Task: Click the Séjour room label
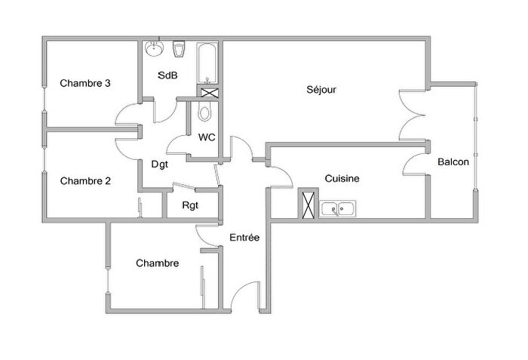321,90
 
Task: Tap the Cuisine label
342,179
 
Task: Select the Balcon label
453,162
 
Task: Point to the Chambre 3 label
86,83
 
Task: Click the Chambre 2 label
86,180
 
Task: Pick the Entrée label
244,238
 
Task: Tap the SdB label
167,75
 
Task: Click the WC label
207,137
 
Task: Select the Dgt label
160,164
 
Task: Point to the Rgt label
190,205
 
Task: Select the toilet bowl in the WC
204,114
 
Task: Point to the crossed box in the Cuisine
309,205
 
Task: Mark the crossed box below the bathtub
209,93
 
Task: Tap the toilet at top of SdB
179,50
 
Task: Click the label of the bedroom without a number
158,263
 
